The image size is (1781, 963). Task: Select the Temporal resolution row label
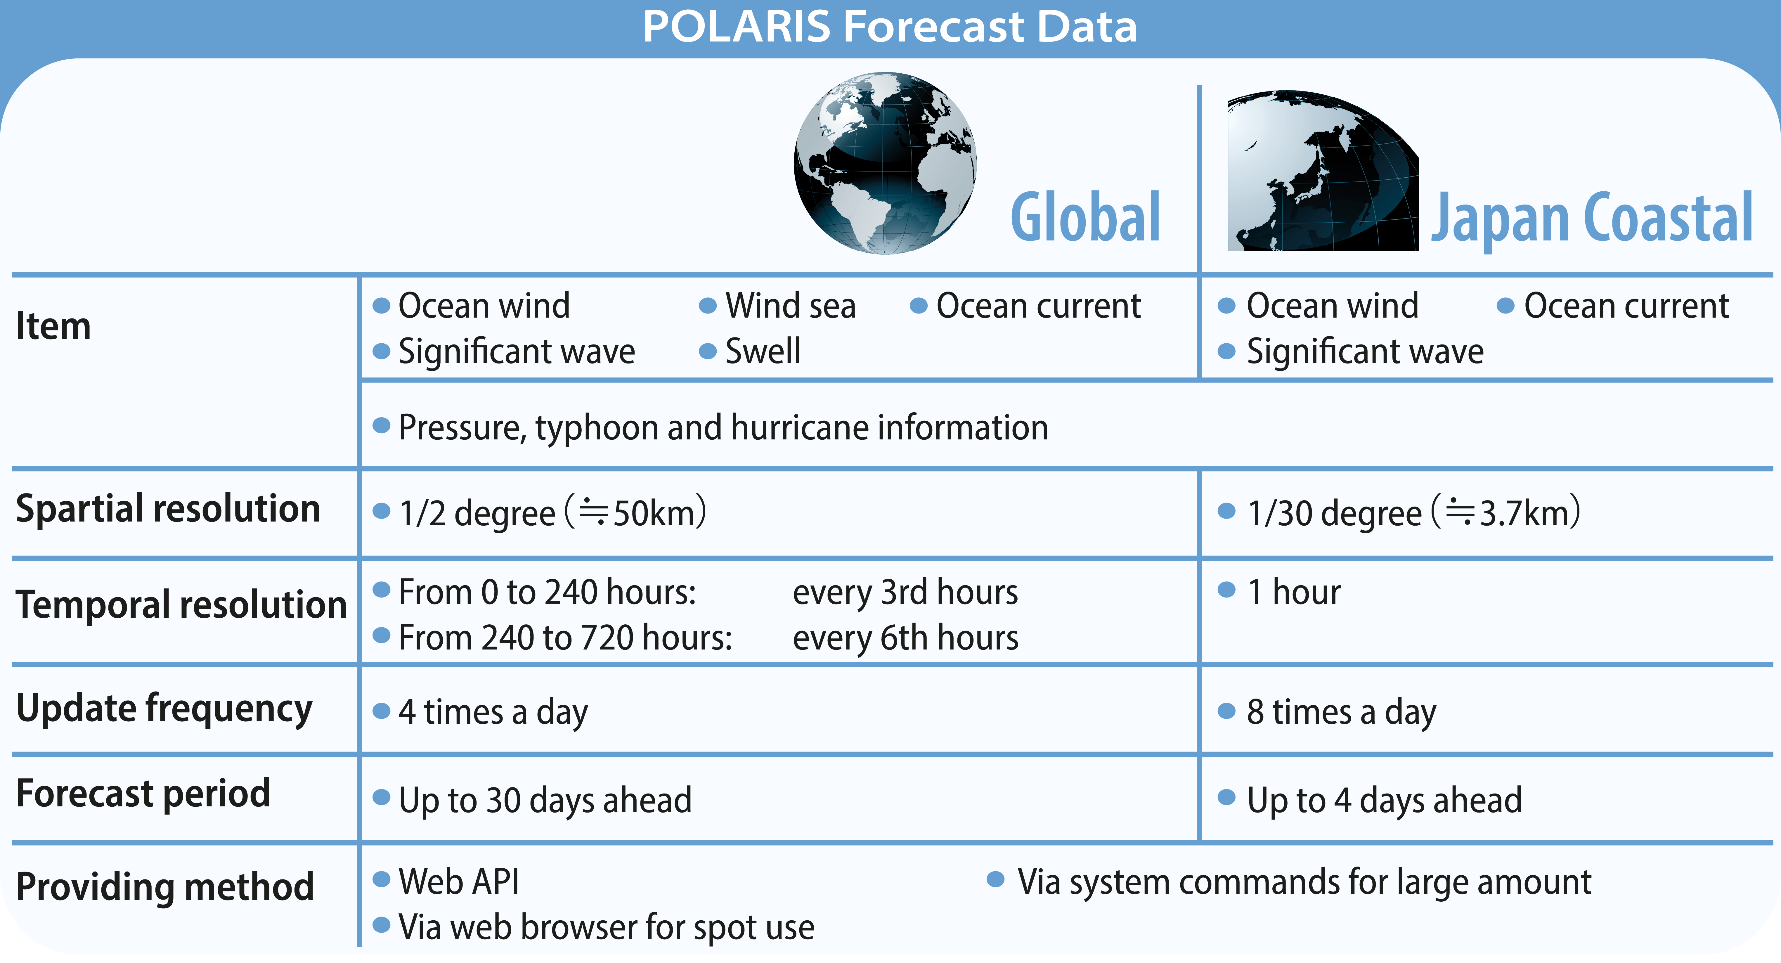point(181,604)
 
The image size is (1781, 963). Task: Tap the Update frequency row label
point(164,709)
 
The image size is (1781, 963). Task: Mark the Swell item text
point(763,351)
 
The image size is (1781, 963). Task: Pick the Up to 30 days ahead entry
point(545,800)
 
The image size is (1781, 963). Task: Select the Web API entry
point(458,881)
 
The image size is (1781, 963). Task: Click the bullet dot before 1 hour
point(1226,590)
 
